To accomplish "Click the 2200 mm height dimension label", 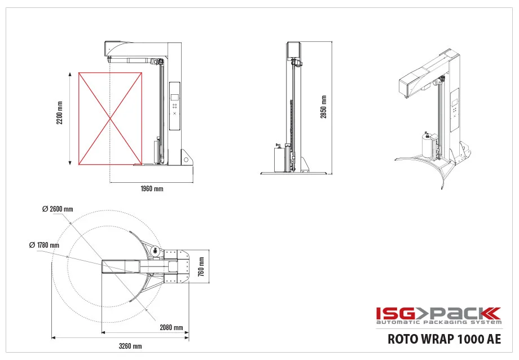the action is click(60, 113).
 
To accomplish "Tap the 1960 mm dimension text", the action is click(152, 189).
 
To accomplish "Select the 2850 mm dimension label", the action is click(323, 107).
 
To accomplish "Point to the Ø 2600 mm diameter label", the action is click(58, 209).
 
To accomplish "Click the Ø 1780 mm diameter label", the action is click(44, 245).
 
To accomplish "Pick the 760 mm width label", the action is click(201, 266).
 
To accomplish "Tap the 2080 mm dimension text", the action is click(171, 327).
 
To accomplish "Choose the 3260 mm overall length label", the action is click(130, 346).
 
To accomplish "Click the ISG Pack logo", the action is click(438, 315).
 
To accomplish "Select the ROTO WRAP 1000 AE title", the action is click(444, 339).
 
